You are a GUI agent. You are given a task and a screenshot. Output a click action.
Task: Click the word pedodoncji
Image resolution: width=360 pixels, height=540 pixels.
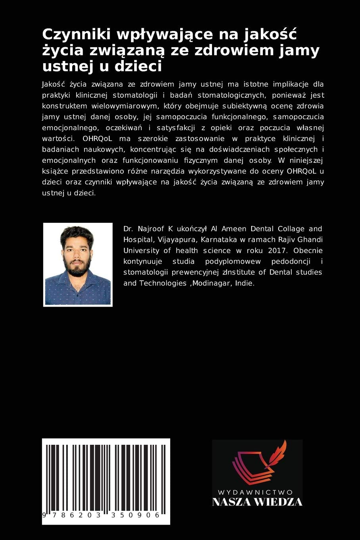pyautogui.click(x=292, y=261)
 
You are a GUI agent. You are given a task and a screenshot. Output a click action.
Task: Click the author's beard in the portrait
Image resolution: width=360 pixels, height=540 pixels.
pyautogui.click(x=77, y=266)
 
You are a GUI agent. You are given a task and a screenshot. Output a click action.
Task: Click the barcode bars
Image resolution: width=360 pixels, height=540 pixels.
pyautogui.click(x=106, y=476)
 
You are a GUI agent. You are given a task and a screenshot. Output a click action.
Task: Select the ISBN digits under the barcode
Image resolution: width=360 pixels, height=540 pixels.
pyautogui.click(x=102, y=515)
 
